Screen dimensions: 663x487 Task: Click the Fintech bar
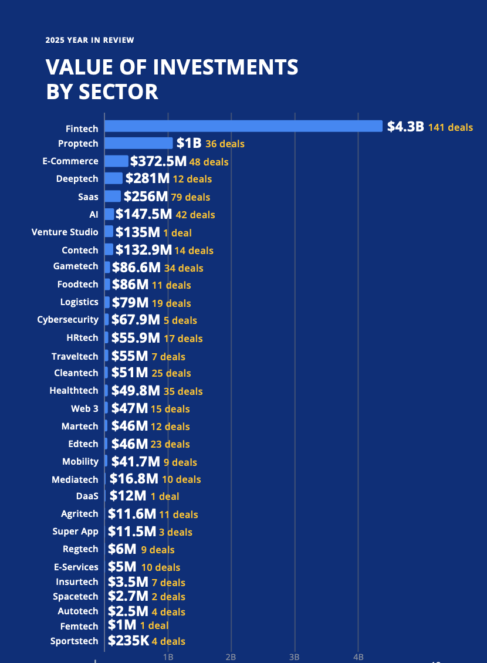click(243, 126)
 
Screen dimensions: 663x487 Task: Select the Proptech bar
click(138, 143)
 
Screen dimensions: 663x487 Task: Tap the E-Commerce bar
click(116, 161)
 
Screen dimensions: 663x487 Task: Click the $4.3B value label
click(405, 127)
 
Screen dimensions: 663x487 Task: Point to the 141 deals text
click(450, 127)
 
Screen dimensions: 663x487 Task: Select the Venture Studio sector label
click(65, 232)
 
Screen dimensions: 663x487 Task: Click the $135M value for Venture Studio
click(137, 232)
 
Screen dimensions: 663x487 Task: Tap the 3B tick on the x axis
click(295, 657)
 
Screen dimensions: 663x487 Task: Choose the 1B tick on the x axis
click(168, 657)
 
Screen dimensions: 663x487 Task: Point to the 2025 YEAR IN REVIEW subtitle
click(90, 40)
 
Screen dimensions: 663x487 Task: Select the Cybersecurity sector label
click(68, 320)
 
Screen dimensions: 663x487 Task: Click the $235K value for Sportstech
click(128, 641)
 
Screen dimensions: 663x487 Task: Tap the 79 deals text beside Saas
click(190, 197)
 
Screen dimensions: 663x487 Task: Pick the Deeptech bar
click(114, 178)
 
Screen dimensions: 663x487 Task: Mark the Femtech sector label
click(79, 626)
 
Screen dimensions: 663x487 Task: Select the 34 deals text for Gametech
click(184, 268)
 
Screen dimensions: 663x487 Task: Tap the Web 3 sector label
click(85, 408)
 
